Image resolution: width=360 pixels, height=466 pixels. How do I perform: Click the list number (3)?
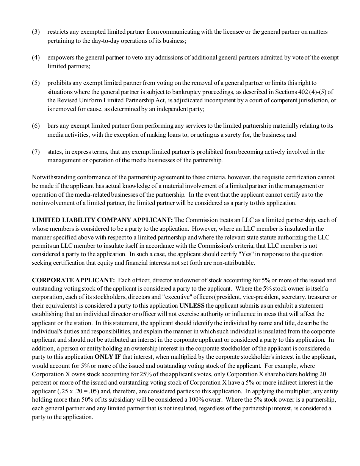pos(36,32)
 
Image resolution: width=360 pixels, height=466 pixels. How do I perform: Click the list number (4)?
pos(36,58)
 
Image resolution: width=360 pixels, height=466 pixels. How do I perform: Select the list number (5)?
pos(36,83)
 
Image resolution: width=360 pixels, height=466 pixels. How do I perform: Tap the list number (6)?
pos(36,126)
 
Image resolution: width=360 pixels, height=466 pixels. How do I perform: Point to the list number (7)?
pos(36,152)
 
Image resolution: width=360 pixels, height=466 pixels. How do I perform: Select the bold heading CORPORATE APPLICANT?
pos(73,280)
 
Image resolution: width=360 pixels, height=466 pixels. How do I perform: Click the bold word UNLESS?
pos(192,306)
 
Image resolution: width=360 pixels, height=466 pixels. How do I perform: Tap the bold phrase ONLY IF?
pos(108,357)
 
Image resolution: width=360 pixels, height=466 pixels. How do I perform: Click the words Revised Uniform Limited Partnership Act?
pos(104,100)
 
